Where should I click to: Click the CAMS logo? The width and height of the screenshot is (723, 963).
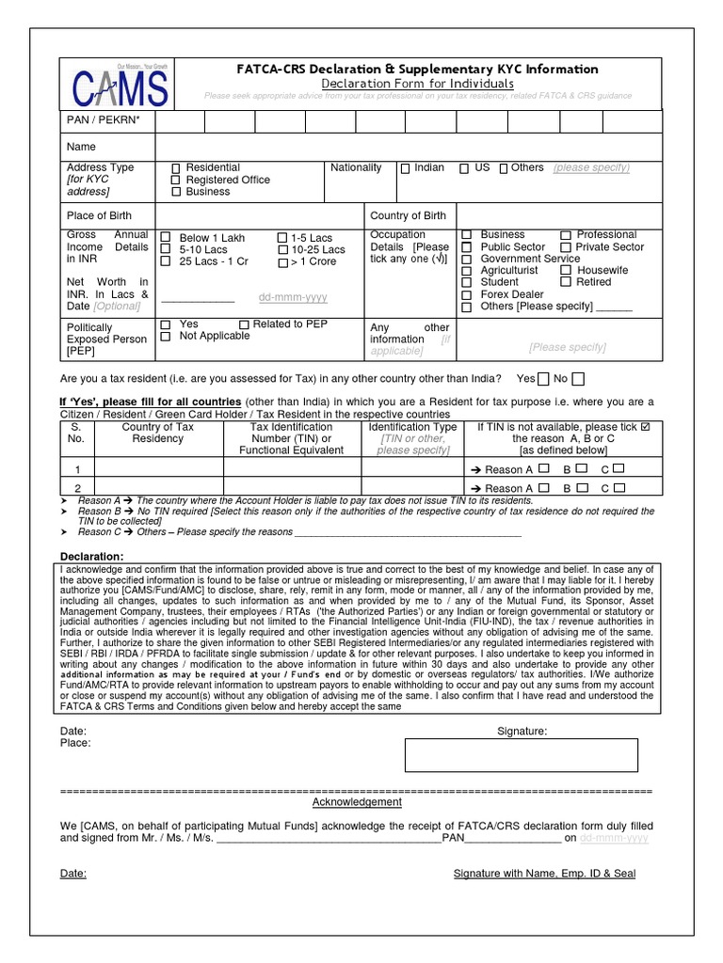click(120, 87)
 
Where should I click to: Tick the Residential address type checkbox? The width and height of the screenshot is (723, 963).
click(175, 168)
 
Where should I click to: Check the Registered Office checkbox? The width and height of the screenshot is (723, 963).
click(175, 180)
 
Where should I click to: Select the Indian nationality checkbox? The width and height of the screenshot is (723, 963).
click(405, 168)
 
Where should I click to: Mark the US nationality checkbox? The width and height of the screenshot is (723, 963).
click(464, 168)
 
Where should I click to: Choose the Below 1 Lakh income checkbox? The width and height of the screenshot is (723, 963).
click(167, 238)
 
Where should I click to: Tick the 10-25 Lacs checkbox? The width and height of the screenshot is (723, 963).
click(282, 250)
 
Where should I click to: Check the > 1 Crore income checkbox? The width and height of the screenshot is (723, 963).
click(282, 262)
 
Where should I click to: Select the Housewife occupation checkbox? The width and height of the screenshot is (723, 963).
click(566, 270)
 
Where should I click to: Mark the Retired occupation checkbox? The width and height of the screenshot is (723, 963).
click(566, 282)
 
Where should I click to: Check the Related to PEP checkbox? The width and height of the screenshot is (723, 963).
click(245, 324)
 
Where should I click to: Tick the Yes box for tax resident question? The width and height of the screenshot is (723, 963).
click(543, 379)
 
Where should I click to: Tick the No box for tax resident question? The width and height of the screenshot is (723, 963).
click(577, 379)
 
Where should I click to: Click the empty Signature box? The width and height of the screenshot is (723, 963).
click(521, 755)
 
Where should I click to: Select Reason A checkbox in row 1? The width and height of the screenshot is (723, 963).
click(543, 468)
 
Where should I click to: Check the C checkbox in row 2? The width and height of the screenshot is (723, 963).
click(619, 487)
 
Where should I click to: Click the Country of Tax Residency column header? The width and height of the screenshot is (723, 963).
click(158, 433)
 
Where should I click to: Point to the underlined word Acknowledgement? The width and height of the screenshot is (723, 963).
click(357, 802)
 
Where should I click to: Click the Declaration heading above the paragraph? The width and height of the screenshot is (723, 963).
click(90, 555)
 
